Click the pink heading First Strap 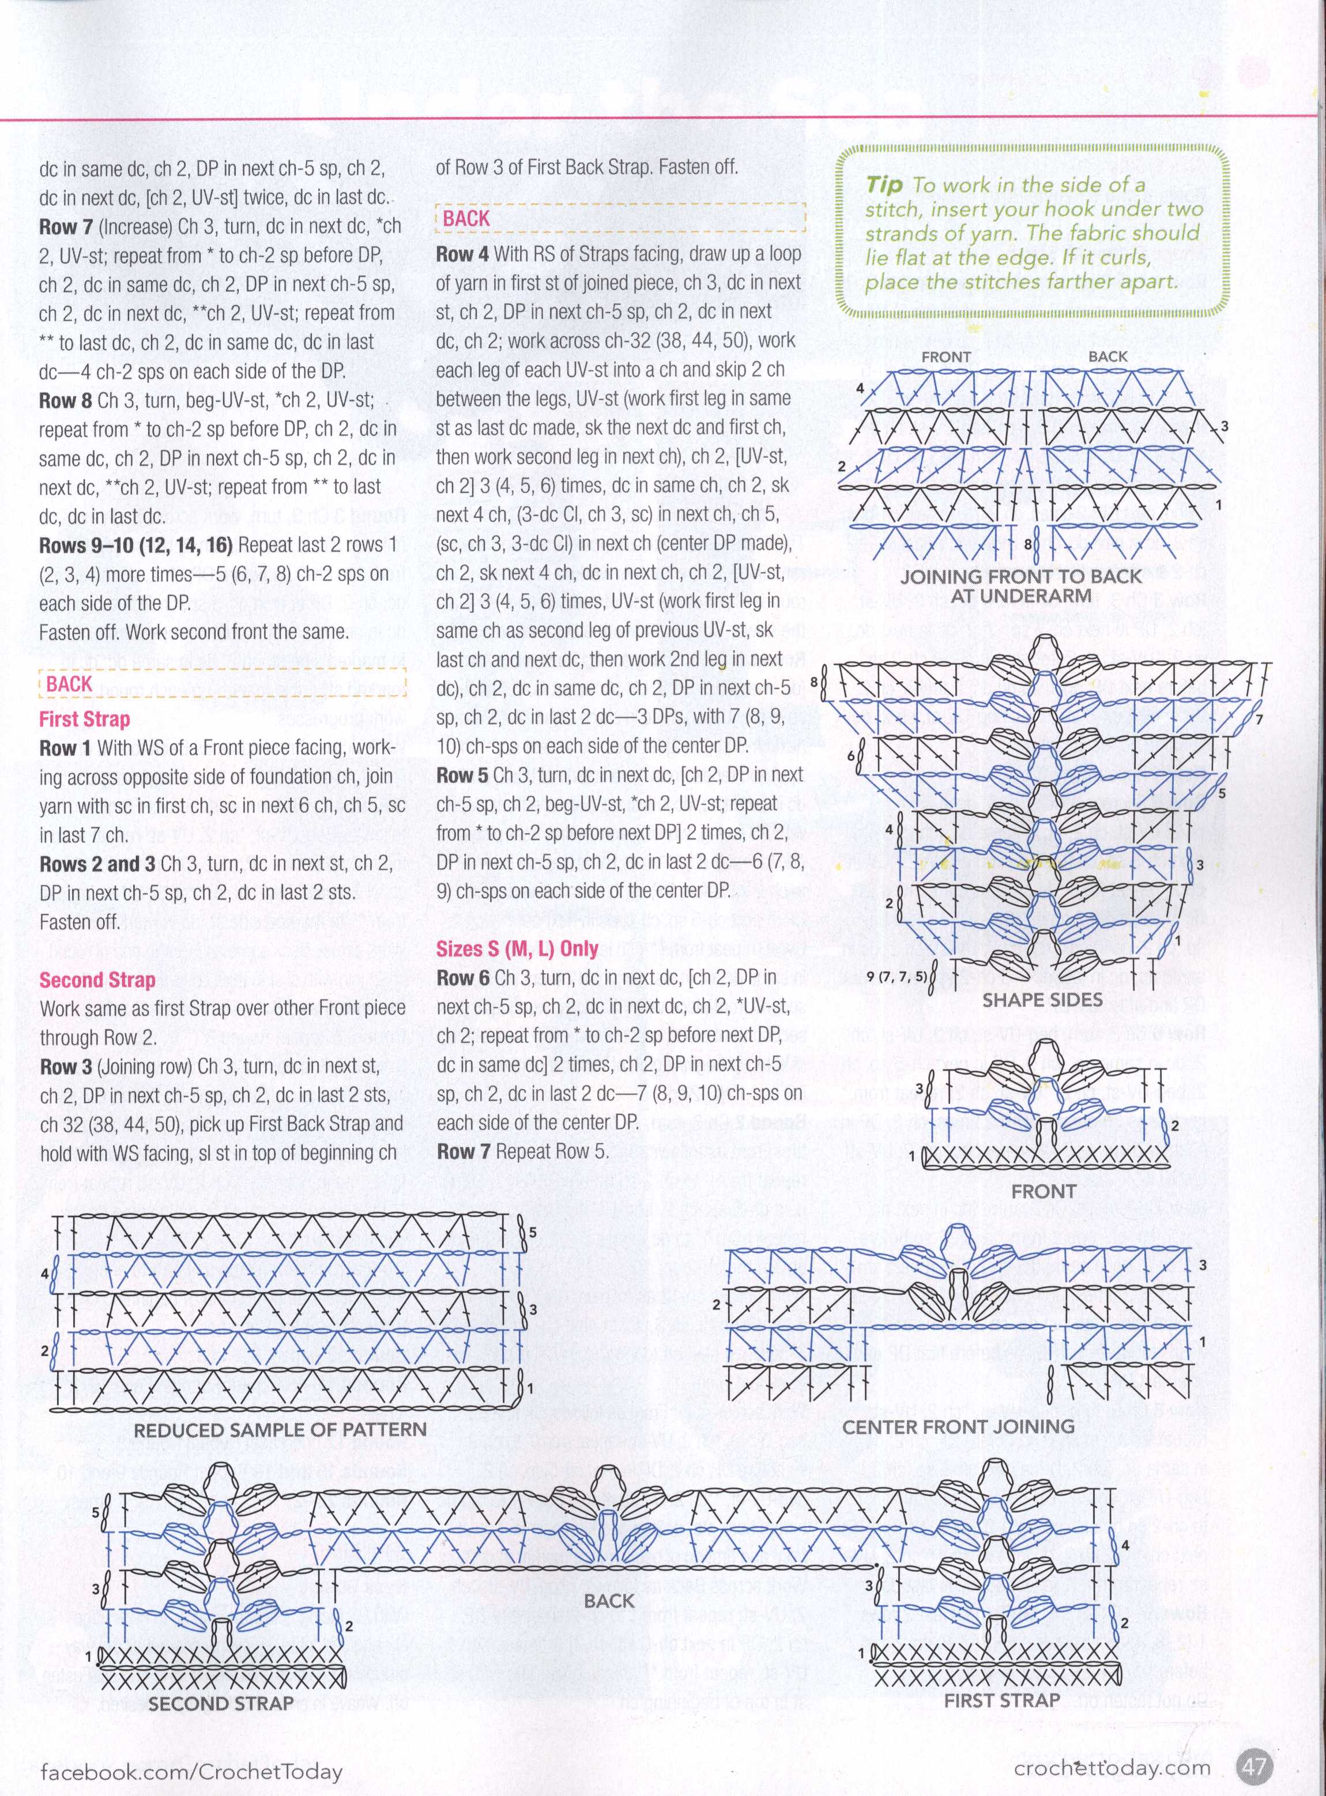(x=84, y=718)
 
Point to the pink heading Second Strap (x=97, y=980)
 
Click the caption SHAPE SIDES (x=1042, y=1000)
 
